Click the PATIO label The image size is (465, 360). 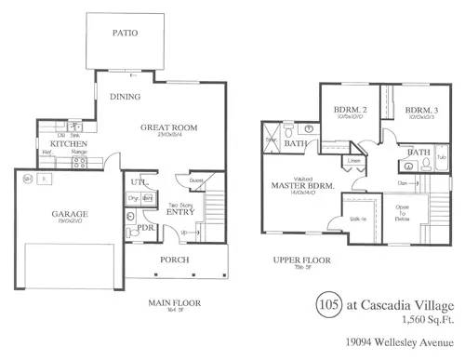point(126,32)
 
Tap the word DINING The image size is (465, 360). point(126,96)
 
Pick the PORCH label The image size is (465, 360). point(175,260)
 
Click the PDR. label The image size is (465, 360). point(145,226)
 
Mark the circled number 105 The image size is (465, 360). point(325,303)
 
